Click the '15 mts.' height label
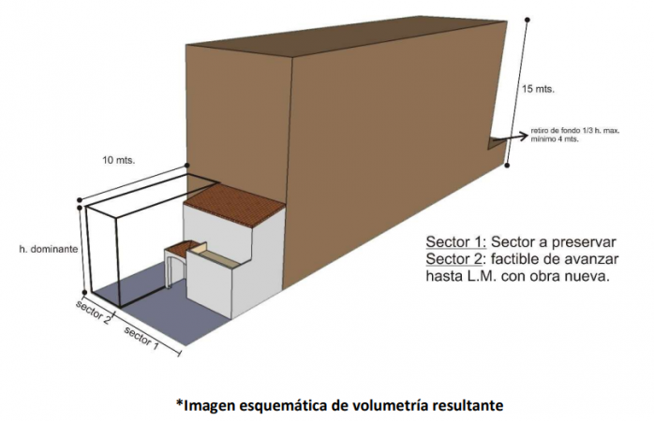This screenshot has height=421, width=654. point(538,89)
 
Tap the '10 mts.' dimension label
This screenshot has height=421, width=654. point(119,160)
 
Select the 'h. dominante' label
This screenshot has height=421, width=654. point(49,249)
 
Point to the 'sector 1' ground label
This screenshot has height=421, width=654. point(141,338)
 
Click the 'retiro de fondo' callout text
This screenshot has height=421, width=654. point(575,135)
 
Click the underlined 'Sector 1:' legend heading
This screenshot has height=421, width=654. point(456,242)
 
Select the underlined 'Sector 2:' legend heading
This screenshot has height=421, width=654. point(456,259)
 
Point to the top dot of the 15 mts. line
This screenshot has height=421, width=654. point(528,20)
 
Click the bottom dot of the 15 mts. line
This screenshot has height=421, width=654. point(507,166)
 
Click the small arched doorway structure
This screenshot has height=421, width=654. point(175,265)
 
